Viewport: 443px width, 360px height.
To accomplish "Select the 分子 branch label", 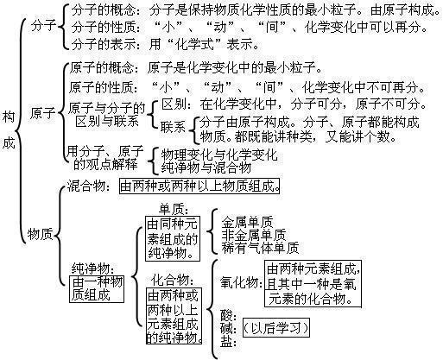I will coord(41,27).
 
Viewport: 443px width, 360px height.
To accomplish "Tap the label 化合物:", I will coord(171,280).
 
